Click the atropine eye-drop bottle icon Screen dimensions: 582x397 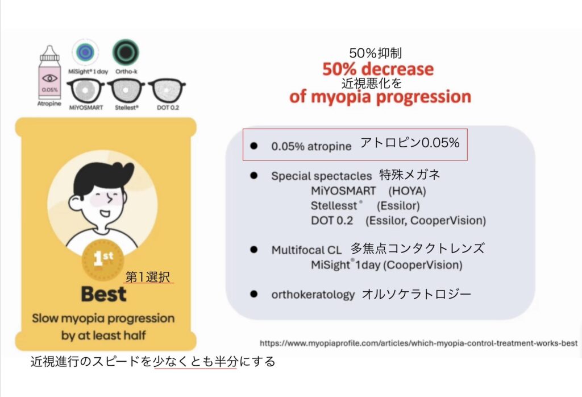tap(49, 73)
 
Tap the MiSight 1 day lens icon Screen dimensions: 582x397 tap(85, 52)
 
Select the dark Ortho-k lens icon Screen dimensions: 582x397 tap(126, 52)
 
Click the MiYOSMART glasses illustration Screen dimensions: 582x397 tap(86, 90)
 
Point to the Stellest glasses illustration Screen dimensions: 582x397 tap(126, 90)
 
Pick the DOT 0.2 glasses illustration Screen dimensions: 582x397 tap(167, 90)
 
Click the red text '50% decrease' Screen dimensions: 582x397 tap(378, 69)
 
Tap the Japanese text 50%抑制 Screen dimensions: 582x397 tap(375, 53)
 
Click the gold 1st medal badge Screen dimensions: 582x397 tap(103, 259)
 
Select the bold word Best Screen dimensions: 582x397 tap(103, 294)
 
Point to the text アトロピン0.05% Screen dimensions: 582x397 tap(410, 143)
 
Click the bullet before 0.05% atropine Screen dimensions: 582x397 tap(254, 146)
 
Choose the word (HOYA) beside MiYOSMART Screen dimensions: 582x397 tap(407, 191)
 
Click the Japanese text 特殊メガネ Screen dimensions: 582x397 tap(410, 175)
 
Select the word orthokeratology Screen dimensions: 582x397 tap(313, 295)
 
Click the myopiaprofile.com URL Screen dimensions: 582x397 tap(419, 343)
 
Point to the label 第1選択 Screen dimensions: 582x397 tap(148, 277)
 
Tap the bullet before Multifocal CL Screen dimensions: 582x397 tap(254, 250)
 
